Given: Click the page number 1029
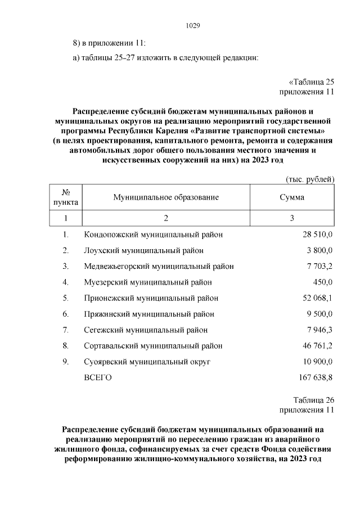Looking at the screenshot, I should (x=193, y=26).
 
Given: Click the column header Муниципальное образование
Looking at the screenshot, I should (x=166, y=197).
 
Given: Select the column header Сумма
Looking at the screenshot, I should (x=292, y=197).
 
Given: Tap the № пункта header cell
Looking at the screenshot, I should (x=66, y=197).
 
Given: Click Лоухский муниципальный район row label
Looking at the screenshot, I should (x=144, y=250).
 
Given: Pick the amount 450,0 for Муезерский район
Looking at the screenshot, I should (x=323, y=282).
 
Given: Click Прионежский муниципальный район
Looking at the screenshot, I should (x=151, y=298).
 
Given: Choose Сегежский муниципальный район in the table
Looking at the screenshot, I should (x=146, y=330).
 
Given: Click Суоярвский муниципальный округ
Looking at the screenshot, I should (x=147, y=361).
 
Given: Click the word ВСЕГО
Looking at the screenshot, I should (x=98, y=377).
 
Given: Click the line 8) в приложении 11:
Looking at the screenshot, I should (x=109, y=43).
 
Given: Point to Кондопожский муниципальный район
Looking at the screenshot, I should (x=154, y=235).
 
